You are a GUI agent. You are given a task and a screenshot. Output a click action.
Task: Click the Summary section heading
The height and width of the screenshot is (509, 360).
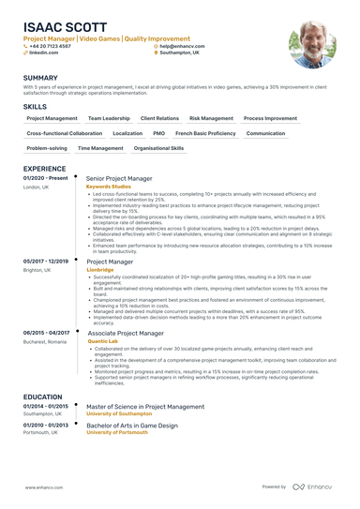click(x=40, y=78)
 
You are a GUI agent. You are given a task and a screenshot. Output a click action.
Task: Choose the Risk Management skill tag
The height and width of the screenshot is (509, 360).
click(x=210, y=119)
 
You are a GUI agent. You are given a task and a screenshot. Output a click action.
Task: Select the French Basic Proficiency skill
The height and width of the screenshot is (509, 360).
click(x=205, y=133)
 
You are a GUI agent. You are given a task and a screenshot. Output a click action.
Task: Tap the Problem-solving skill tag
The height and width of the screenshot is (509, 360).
click(x=47, y=148)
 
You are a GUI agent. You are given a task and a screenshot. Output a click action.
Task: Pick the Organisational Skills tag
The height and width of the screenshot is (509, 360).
click(x=158, y=148)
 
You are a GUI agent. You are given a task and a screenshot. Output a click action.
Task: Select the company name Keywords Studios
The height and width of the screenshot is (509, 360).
click(x=109, y=186)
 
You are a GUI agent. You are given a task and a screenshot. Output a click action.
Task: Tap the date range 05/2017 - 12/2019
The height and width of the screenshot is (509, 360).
click(x=46, y=261)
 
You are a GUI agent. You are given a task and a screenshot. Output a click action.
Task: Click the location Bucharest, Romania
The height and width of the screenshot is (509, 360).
click(x=45, y=341)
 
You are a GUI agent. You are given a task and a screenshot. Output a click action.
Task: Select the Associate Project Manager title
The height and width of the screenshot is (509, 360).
click(x=125, y=333)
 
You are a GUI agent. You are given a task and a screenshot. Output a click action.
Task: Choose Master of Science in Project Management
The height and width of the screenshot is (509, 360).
click(x=144, y=407)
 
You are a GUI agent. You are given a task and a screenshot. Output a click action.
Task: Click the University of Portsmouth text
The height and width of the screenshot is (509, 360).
click(x=117, y=432)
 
